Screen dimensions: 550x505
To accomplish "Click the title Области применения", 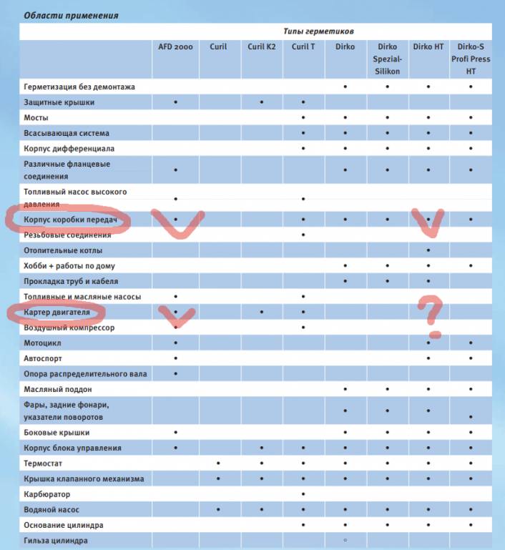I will [x=72, y=15].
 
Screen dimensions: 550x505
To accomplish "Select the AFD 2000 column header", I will [x=175, y=46].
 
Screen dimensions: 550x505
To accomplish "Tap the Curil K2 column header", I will [x=261, y=46].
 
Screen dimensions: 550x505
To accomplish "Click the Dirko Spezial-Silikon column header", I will [x=386, y=59].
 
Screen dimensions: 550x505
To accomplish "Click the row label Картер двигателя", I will [x=57, y=313].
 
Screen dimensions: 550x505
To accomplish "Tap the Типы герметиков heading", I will [x=325, y=31].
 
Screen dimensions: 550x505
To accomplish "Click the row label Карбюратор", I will [x=47, y=494].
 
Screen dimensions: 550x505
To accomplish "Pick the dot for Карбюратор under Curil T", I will [x=303, y=494].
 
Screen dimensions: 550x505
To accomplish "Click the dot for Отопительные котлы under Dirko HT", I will [x=428, y=250].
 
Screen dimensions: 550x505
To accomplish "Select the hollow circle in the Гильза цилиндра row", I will [x=345, y=541].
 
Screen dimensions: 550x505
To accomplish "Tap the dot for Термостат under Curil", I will [x=218, y=463].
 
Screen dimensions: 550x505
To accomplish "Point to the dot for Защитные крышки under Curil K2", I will [x=262, y=102].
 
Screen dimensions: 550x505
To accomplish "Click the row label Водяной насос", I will [x=52, y=510].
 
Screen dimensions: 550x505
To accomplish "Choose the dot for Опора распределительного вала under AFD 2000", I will [x=175, y=373].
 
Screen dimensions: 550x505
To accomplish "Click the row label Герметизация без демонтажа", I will [x=79, y=87].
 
